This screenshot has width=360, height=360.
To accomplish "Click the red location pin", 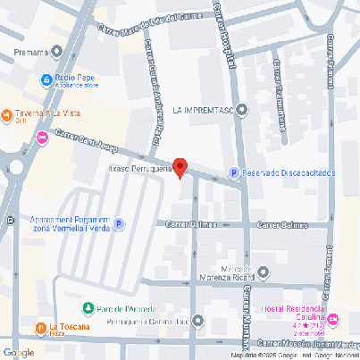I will pos(180,166).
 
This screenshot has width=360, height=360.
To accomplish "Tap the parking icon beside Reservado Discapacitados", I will pos(234,172).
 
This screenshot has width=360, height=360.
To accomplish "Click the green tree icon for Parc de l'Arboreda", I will pos(88,308).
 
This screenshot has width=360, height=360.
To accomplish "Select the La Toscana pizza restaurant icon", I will pos(38,325).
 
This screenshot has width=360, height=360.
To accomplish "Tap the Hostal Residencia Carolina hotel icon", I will pos(333,319).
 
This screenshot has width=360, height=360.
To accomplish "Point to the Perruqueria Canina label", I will pos(147,321).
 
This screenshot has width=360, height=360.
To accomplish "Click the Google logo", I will pos(19,352).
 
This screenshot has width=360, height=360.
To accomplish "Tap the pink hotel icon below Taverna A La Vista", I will pos(42,138).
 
